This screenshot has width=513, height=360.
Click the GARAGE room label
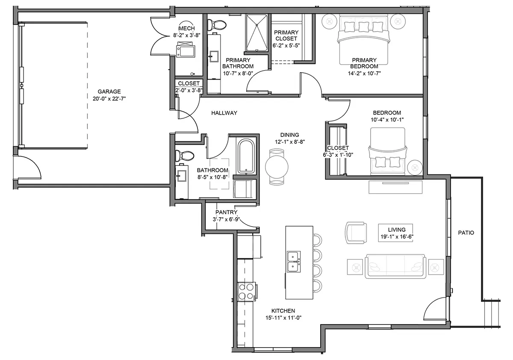[x=109, y=91]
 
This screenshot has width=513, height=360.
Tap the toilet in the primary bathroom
[x=217, y=24]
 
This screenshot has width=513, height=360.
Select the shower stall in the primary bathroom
[x=256, y=33]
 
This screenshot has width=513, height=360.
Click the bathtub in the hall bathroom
[x=246, y=156]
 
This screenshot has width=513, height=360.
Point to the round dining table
[x=277, y=167]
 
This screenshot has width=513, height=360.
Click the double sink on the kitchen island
[x=294, y=262]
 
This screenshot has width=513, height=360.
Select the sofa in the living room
[x=395, y=266]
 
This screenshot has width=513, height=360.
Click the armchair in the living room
[x=356, y=233]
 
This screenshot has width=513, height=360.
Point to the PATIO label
[x=466, y=233]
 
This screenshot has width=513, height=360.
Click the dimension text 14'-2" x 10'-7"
[x=364, y=73]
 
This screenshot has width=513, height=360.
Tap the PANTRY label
[x=226, y=212]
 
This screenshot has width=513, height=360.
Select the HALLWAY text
[x=224, y=113]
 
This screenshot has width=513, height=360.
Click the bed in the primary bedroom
[x=364, y=40]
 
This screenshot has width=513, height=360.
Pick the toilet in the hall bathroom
[x=184, y=156]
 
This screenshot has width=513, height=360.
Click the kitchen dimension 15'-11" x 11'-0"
[x=283, y=318]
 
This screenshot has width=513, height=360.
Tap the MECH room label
[x=186, y=28]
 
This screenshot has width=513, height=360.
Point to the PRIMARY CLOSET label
[x=286, y=35]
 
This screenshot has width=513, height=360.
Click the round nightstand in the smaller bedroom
[x=415, y=168]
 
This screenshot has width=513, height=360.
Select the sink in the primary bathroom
[x=214, y=56]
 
